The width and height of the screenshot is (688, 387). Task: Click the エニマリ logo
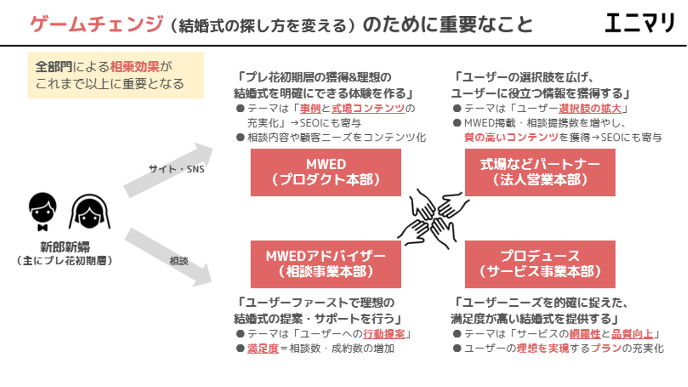[640, 22]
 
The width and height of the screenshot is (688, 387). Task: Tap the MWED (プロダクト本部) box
[326, 172]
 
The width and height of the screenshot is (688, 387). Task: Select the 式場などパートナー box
[540, 172]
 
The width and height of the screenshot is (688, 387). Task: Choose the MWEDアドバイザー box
[326, 264]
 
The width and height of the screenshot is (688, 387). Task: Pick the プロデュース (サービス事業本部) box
[540, 264]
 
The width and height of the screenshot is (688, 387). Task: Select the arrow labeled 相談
[167, 258]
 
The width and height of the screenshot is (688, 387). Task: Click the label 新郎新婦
[65, 247]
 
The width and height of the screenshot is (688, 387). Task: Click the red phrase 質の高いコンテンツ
[511, 138]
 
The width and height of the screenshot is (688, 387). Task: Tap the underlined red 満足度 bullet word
[263, 349]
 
